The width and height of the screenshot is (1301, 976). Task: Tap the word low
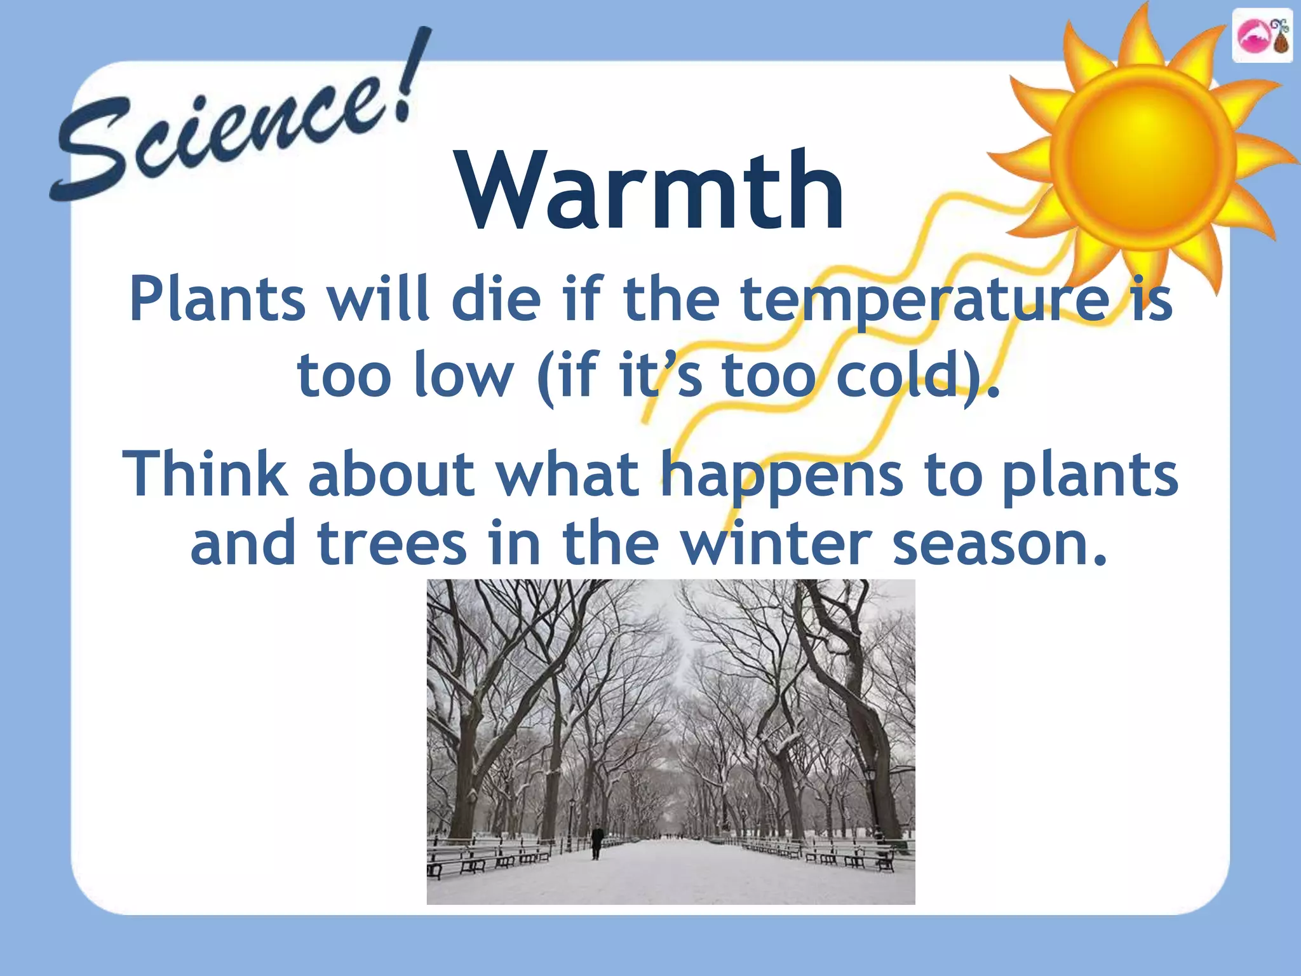point(463,376)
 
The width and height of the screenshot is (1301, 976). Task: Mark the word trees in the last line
point(391,544)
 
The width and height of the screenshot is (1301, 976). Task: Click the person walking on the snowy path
point(596,841)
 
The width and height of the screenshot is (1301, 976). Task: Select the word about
point(391,473)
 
